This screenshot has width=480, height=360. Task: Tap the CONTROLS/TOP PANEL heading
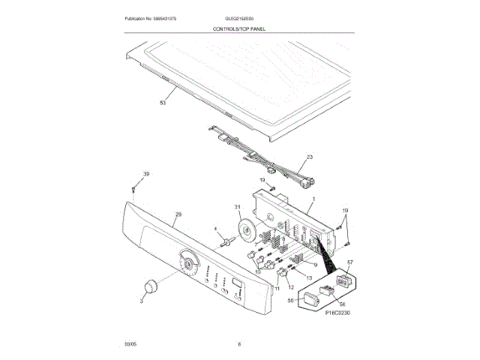click(x=240, y=28)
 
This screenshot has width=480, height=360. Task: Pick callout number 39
click(x=147, y=174)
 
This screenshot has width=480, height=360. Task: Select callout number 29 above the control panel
click(x=178, y=214)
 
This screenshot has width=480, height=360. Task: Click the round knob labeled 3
click(x=150, y=287)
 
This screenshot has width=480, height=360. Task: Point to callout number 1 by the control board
click(x=313, y=199)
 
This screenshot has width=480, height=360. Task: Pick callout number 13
click(x=309, y=277)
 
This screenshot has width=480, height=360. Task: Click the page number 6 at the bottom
click(x=239, y=344)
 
